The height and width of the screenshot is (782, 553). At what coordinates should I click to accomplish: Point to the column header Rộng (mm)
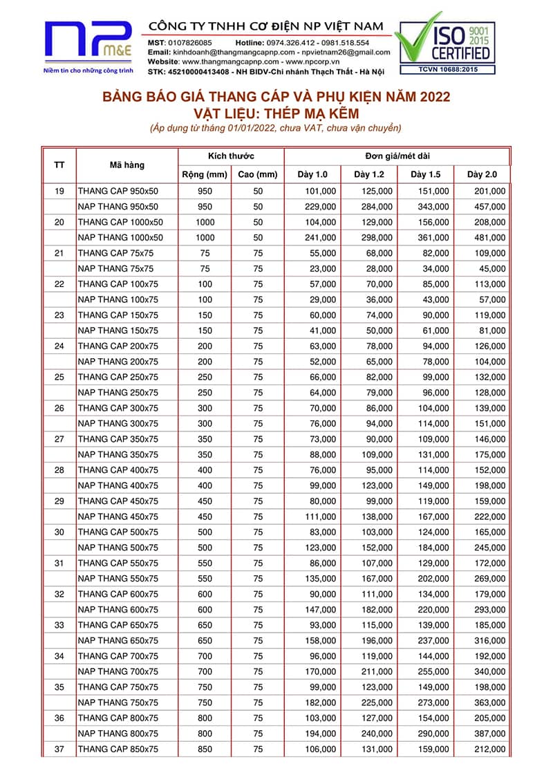(x=204, y=174)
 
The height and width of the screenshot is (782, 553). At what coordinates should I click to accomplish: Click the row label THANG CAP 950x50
(x=118, y=191)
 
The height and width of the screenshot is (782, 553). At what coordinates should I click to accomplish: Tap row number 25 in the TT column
(x=59, y=377)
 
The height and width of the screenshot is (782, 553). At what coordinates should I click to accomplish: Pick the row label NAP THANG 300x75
(x=118, y=423)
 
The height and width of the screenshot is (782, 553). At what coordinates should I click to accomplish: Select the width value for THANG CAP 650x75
(x=205, y=625)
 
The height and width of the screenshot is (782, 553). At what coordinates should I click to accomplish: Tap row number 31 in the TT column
(x=59, y=563)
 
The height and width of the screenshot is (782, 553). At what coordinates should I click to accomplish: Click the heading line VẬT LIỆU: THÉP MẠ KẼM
(x=276, y=113)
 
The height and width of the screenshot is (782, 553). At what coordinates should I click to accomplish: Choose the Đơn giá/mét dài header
(x=397, y=156)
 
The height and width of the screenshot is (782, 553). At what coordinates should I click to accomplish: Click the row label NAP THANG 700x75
(x=118, y=671)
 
